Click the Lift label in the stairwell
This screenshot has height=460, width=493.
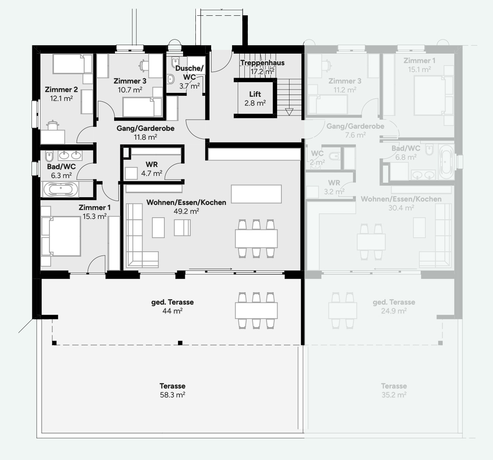tap(255, 94)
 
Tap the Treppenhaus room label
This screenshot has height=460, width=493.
tap(262, 63)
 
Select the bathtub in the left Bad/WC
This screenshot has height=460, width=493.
tap(60, 190)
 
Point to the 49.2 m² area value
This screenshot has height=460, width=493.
tap(186, 211)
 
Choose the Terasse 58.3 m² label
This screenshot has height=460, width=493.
tap(172, 390)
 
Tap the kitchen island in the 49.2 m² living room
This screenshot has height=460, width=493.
tap(256, 194)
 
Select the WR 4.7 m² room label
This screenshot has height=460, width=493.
tap(152, 169)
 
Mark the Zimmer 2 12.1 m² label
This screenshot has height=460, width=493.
tap(61, 94)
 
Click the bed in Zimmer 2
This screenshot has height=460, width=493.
tap(72, 64)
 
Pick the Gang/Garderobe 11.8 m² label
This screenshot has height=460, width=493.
tap(145, 132)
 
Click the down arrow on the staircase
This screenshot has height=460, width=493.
tap(289, 112)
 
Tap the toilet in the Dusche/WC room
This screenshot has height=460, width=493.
tap(170, 79)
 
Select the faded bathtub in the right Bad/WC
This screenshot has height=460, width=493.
tap(446, 162)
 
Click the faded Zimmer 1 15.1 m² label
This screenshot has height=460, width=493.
tap(419, 65)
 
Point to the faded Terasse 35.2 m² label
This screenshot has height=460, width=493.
tap(394, 390)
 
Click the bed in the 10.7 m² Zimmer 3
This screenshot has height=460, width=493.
tap(142, 106)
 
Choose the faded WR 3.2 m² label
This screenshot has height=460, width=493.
tap(334, 187)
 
